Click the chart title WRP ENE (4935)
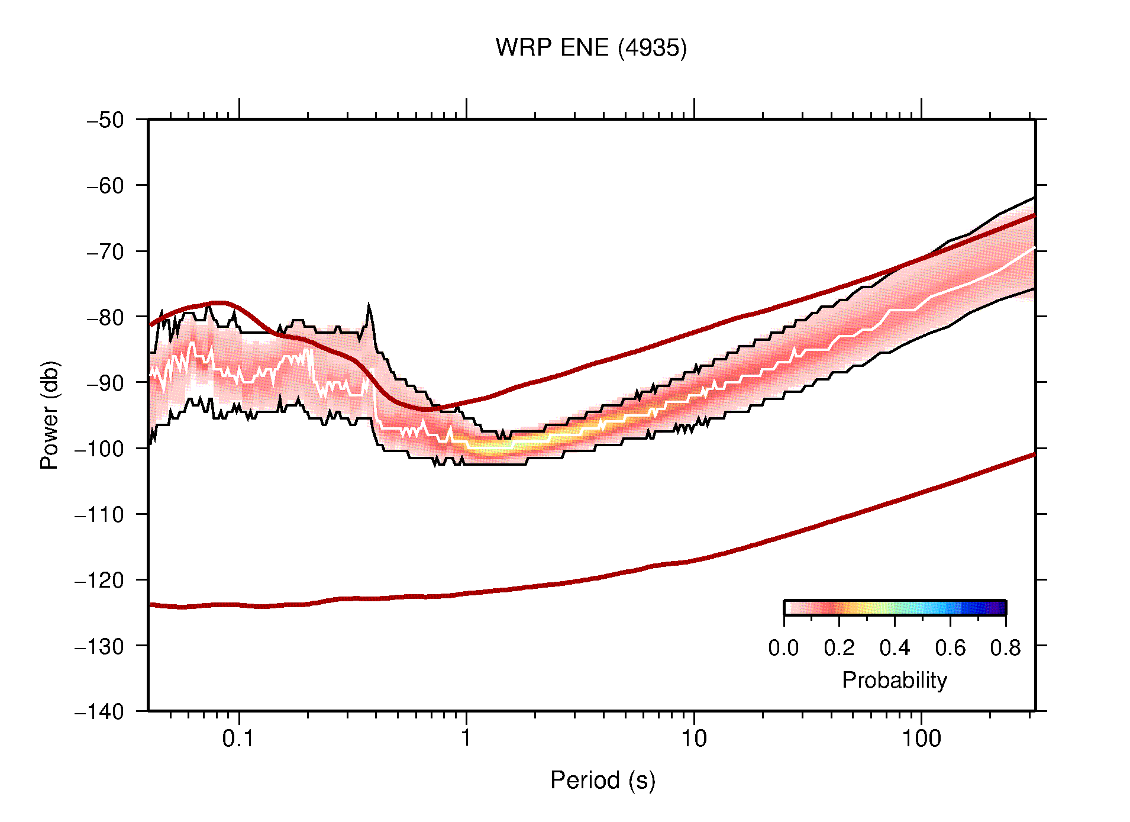590,48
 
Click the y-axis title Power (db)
50,415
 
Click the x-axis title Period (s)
602,781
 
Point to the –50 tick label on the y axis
105,120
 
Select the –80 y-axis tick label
105,317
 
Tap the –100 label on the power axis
99,449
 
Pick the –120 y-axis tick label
99,580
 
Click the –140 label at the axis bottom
99,711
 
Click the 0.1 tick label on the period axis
238,739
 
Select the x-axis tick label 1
466,739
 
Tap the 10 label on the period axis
693,739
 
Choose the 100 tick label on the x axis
921,739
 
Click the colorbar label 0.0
783,648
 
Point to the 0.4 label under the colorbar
895,648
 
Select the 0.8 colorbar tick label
1005,648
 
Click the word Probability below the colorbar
894,681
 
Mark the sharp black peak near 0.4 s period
369,308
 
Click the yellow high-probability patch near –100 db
491,447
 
